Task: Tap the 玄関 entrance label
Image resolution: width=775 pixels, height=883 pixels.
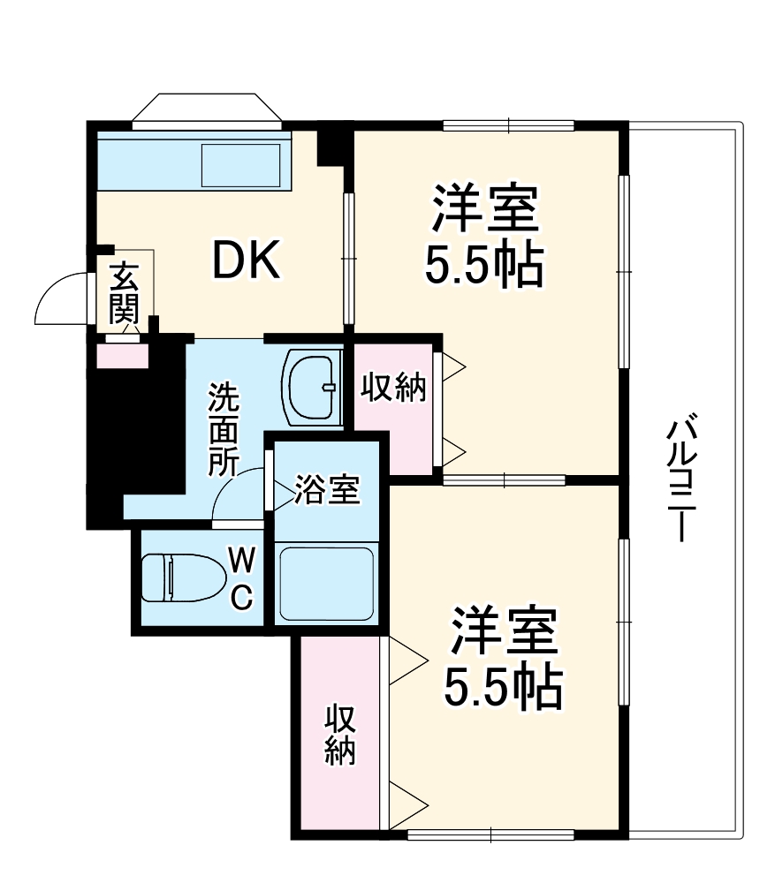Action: click(125, 294)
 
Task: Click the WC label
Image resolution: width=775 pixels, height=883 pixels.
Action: click(243, 577)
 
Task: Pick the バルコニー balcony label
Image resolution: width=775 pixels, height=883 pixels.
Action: click(680, 481)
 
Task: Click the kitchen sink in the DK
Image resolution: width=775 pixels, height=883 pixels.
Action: click(241, 165)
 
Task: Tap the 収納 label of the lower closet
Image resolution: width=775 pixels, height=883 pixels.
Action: click(339, 734)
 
